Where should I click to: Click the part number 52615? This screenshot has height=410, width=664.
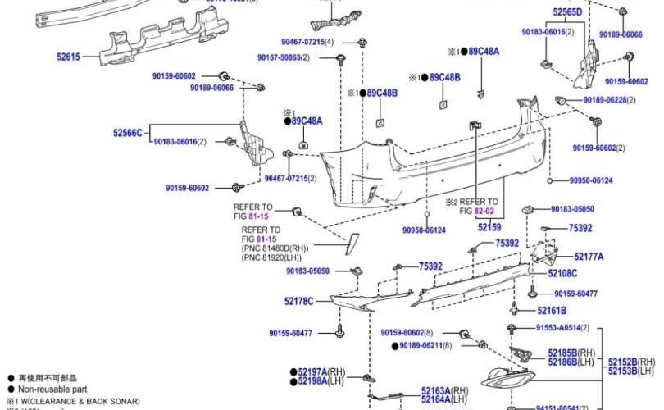click(x=68, y=57)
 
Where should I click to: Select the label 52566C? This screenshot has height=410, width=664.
click(x=127, y=132)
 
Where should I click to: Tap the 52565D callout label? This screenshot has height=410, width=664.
click(x=566, y=12)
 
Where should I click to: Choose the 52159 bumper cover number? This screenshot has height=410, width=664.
click(x=489, y=227)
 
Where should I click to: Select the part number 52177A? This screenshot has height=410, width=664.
click(x=588, y=257)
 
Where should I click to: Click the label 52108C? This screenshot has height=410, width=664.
click(x=562, y=273)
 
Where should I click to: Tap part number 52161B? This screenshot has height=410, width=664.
click(x=552, y=311)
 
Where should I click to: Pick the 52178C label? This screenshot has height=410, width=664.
click(x=299, y=302)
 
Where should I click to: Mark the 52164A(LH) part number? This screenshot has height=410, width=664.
click(x=444, y=399)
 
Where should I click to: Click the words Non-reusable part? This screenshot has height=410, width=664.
click(x=49, y=389)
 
